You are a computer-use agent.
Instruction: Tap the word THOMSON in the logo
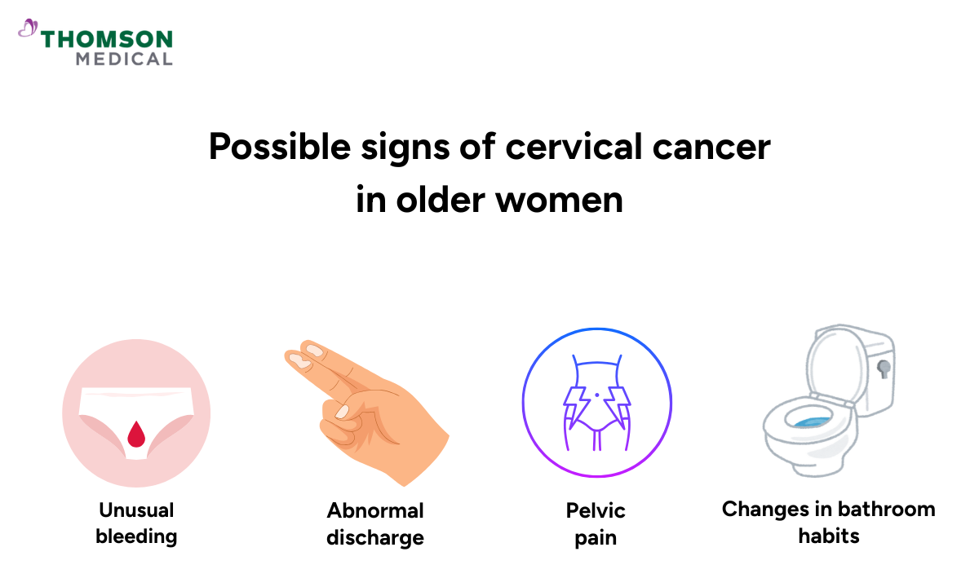tap(107, 39)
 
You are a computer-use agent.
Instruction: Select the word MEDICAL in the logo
tap(124, 59)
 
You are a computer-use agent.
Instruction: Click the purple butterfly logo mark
tap(28, 29)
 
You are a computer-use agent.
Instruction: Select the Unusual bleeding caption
tap(136, 523)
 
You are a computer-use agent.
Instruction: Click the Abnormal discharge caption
tap(375, 523)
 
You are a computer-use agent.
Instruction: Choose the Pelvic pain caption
tap(596, 523)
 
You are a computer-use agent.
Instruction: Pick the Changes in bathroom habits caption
tap(828, 523)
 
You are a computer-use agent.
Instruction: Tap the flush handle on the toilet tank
tap(883, 368)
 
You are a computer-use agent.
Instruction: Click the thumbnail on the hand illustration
tap(343, 410)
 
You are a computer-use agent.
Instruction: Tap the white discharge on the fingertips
tap(308, 355)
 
